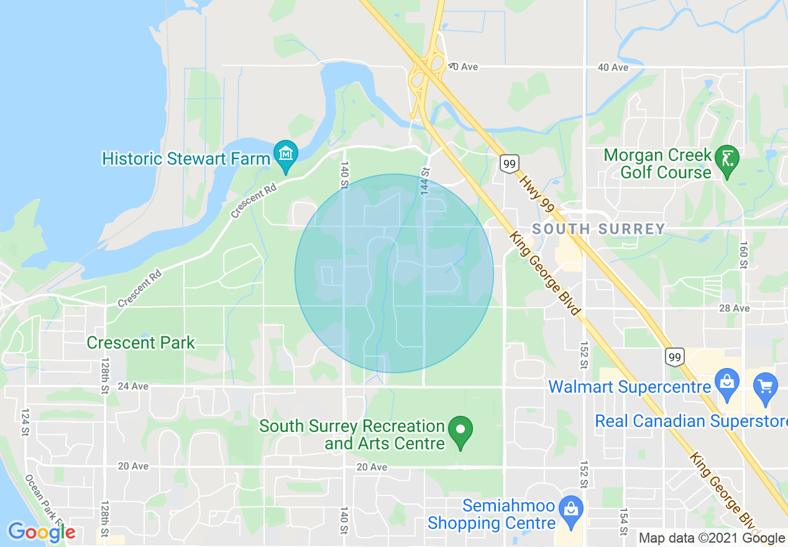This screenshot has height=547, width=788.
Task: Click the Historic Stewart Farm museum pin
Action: [286, 153]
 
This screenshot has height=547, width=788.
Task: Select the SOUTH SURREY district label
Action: [599, 229]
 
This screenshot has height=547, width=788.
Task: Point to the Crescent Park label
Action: [140, 342]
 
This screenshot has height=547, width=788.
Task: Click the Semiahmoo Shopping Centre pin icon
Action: [570, 507]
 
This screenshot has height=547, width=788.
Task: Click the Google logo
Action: [41, 532]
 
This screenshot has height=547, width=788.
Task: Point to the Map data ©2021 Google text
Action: [712, 538]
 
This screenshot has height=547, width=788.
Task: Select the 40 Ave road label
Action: [613, 67]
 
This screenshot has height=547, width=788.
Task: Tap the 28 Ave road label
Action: [735, 308]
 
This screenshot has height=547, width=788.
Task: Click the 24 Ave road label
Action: [133, 386]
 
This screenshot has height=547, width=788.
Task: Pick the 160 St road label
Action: [743, 255]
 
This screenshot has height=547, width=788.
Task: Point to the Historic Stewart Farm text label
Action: [186, 159]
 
